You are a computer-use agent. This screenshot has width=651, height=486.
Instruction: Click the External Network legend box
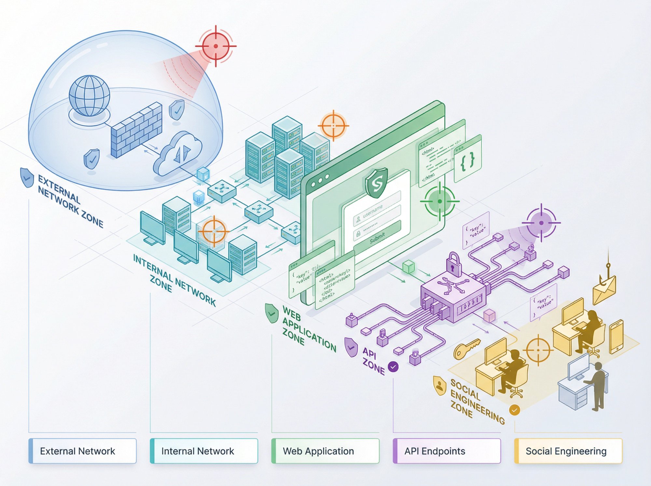[82, 451]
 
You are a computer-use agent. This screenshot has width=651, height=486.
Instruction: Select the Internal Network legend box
[204, 451]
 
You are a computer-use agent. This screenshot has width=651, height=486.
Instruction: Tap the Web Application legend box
[325, 451]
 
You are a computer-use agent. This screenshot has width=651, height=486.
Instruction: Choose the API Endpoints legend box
[447, 451]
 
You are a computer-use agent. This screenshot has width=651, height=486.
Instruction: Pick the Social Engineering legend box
[568, 451]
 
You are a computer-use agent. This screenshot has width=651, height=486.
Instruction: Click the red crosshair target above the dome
[216, 46]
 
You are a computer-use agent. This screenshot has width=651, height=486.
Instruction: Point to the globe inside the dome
[90, 96]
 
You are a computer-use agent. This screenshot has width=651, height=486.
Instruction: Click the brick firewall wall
[136, 131]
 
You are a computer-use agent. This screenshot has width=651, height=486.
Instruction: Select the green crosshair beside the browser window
[440, 201]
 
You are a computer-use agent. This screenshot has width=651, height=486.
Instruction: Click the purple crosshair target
[541, 223]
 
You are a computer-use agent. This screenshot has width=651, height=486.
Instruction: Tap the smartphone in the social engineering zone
[616, 337]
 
